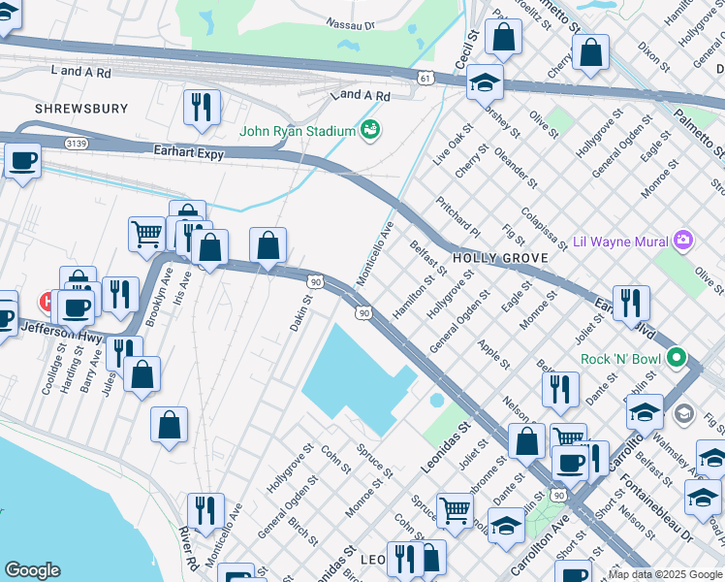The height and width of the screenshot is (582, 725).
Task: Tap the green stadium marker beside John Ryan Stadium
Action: pyautogui.click(x=369, y=129)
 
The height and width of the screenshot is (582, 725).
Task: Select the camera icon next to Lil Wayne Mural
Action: pyautogui.click(x=684, y=240)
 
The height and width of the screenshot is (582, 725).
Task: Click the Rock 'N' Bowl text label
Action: pyautogui.click(x=620, y=359)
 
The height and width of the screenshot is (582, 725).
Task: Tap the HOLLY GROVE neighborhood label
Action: pyautogui.click(x=500, y=257)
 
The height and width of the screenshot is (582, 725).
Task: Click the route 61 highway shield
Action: pyautogui.click(x=426, y=78)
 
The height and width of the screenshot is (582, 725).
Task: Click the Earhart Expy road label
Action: pyautogui.click(x=189, y=152)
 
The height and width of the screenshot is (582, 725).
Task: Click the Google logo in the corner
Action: pyautogui.click(x=32, y=570)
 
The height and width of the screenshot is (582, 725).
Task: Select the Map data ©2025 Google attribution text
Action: pyautogui.click(x=665, y=574)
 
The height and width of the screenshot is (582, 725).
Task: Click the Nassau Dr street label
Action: pyautogui.click(x=351, y=22)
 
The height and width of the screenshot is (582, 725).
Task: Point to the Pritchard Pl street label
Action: pyautogui.click(x=457, y=221)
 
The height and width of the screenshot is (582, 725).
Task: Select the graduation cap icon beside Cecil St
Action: pyautogui.click(x=485, y=83)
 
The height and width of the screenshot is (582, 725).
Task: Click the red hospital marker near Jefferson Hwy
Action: pyautogui.click(x=46, y=302)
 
